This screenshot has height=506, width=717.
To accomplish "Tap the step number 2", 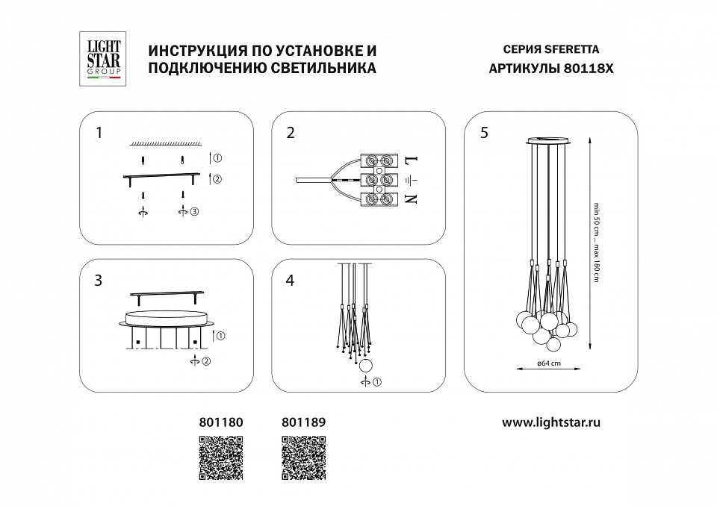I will pos(291,134).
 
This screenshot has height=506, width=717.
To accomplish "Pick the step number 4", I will pos(291,281).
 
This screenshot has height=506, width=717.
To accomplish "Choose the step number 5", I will pos(484,134).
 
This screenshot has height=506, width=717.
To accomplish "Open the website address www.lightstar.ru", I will pos(551,422).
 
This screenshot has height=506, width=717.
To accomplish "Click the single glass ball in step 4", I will pos(366,366).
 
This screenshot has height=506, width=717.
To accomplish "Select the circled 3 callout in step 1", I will pos(194,213).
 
